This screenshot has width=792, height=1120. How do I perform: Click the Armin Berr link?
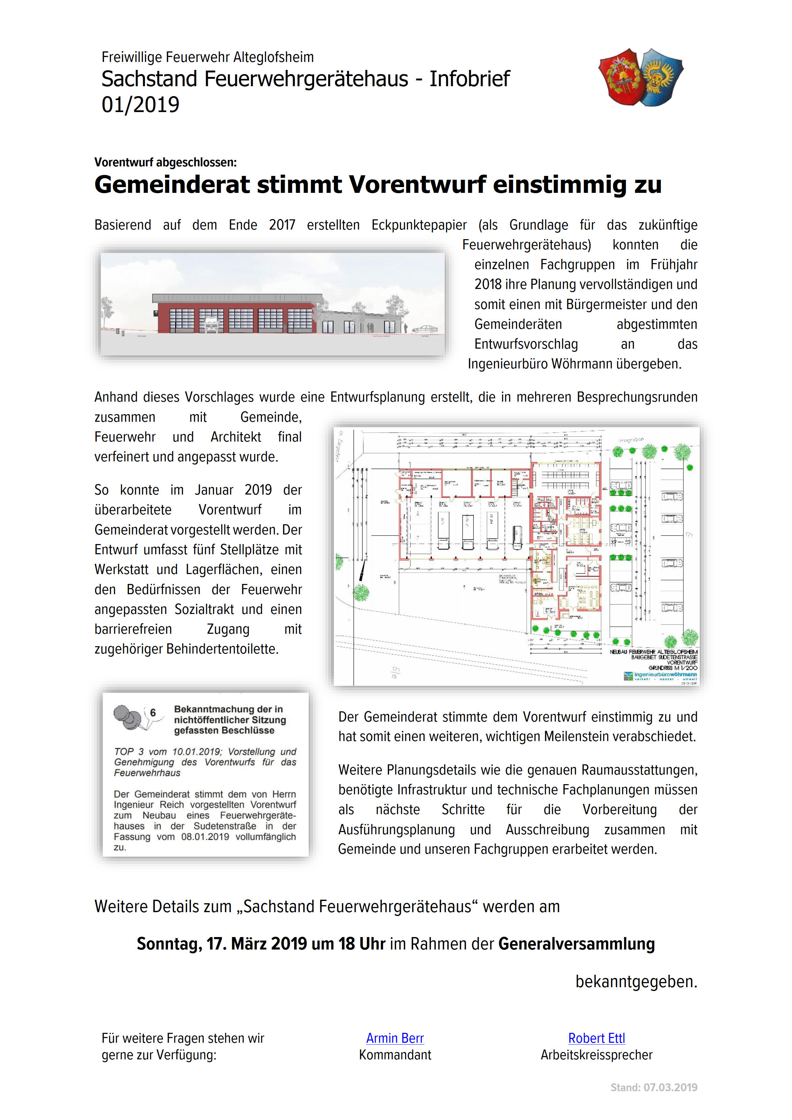click(395, 1038)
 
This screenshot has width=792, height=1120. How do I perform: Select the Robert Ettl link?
click(596, 1038)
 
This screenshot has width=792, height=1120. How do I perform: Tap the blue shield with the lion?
click(661, 77)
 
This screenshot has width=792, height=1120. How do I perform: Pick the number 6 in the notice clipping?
click(153, 713)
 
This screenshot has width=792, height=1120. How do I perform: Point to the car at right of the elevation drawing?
click(424, 329)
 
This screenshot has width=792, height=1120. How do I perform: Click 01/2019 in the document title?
click(140, 105)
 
